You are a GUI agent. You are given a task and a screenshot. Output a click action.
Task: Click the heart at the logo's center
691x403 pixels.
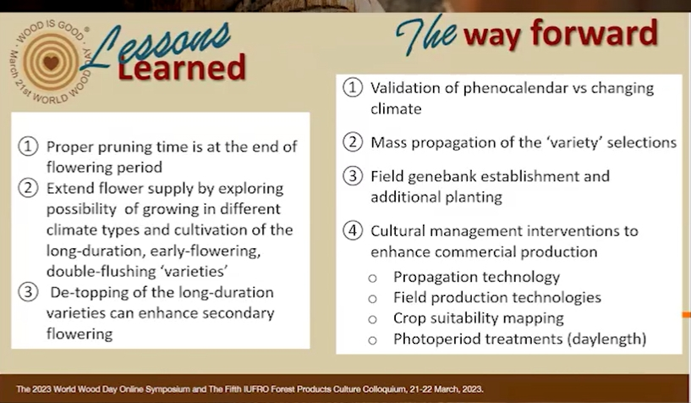[51, 62]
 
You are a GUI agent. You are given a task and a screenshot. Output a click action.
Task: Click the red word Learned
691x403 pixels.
[182, 68]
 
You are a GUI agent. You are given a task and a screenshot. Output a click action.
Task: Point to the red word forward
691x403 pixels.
[594, 32]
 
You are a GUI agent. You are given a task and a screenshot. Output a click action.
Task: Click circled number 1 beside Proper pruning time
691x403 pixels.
[28, 146]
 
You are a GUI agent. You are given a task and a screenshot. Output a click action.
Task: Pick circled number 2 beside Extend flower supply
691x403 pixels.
[28, 188]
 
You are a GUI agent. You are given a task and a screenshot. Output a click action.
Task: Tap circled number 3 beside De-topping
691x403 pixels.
[28, 292]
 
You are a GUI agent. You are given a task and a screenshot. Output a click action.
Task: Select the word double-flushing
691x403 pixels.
[101, 271]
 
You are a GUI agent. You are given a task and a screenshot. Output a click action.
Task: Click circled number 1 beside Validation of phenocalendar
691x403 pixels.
[353, 87]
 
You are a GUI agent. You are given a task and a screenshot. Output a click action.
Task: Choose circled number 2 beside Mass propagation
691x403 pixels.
[353, 142]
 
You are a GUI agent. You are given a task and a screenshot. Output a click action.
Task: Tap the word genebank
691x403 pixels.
[442, 177]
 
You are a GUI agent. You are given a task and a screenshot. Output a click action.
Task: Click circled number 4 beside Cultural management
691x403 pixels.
[353, 230]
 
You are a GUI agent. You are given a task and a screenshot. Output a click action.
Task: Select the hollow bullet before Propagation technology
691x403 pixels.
[372, 279]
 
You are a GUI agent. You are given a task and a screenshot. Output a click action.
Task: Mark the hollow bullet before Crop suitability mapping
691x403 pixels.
[372, 319]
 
